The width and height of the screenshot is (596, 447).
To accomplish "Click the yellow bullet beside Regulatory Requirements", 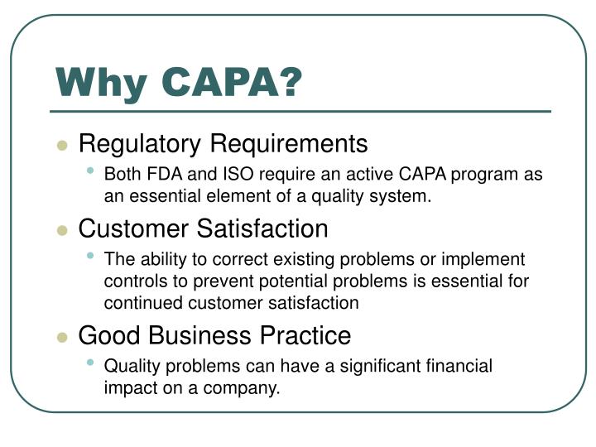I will (x=61, y=146).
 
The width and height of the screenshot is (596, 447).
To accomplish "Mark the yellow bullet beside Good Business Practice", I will (x=61, y=337).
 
